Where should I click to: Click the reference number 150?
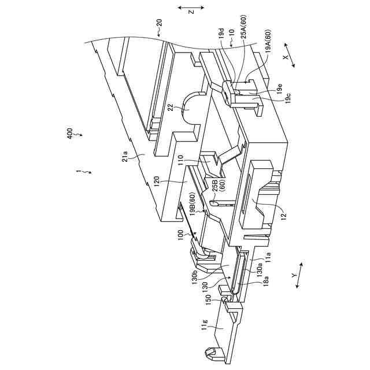pyautogui.click(x=208, y=301)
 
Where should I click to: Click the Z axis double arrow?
pyautogui.click(x=190, y=8)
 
